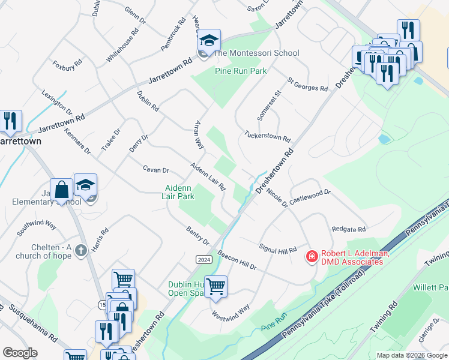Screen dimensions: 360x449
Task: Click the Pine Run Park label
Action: point(240,71)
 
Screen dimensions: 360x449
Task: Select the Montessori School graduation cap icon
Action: point(209,41)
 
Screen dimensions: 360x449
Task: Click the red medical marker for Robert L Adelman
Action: point(312,257)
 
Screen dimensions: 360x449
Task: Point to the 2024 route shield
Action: point(203,259)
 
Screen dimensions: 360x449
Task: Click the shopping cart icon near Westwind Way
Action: point(215,286)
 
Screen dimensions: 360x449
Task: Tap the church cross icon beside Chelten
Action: point(82,253)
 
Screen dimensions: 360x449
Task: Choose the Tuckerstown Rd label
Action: point(268,136)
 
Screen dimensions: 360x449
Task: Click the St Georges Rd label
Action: point(307,84)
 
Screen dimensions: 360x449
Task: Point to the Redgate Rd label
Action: point(349,230)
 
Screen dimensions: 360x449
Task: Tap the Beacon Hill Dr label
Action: point(237,260)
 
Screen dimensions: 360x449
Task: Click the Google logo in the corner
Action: point(20,353)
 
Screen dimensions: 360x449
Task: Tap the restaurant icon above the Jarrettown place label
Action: point(10,121)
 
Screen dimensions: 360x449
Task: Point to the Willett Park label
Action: point(430,288)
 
